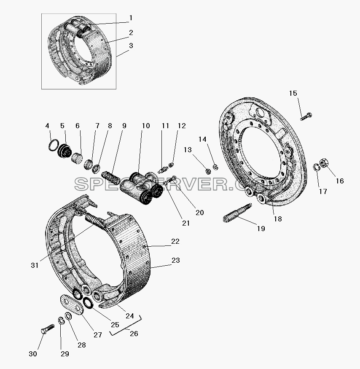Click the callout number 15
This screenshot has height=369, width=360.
pyautogui.click(x=293, y=94)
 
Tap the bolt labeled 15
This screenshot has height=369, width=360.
pyautogui.click(x=306, y=116)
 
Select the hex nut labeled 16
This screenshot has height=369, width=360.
pyautogui.click(x=324, y=163)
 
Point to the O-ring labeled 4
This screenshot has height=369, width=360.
pyautogui.click(x=54, y=145)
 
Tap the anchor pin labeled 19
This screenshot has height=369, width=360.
pyautogui.click(x=237, y=213)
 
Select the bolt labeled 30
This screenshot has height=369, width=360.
pyautogui.click(x=48, y=329)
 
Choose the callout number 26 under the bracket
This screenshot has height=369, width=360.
pyautogui.click(x=134, y=334)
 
